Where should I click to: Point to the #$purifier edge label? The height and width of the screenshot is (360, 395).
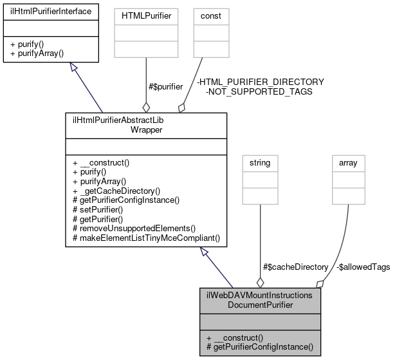point(166,86)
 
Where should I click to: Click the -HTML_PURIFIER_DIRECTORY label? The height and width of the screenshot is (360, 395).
point(260,82)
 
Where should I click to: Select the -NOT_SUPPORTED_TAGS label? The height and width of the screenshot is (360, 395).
point(259,91)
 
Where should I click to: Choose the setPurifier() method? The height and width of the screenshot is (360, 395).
point(102,209)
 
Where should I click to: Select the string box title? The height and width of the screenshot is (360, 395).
point(260,163)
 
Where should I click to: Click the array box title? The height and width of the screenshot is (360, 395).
point(348,163)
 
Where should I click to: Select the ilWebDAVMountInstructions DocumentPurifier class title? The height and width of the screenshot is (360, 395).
point(260,299)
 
